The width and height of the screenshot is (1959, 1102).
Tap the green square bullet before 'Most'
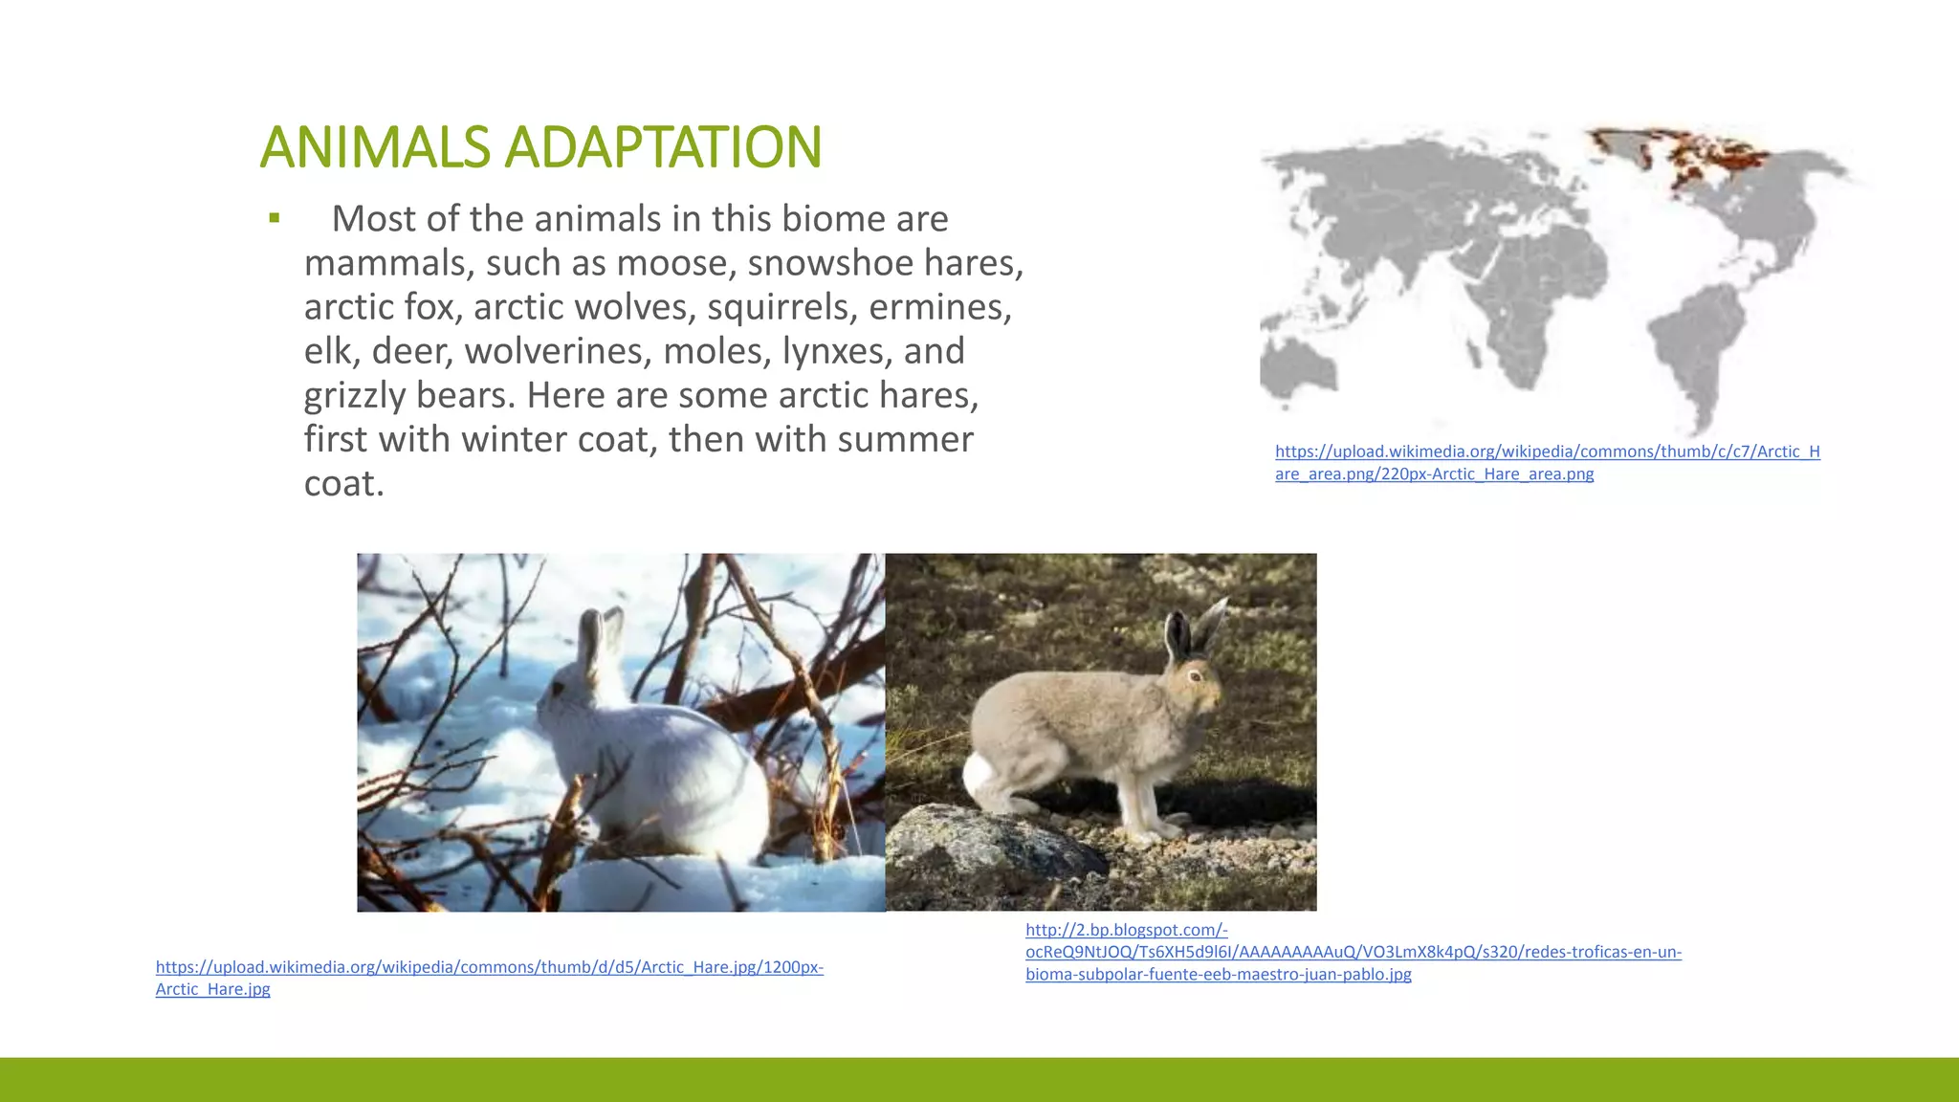(x=275, y=218)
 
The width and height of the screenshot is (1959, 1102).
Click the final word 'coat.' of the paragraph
(x=343, y=483)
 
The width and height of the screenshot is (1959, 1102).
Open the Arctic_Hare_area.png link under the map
(x=1546, y=462)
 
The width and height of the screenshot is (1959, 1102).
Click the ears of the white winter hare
(x=600, y=636)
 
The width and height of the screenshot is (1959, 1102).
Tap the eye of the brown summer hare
(x=1195, y=675)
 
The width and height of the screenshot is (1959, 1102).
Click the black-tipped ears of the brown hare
(x=1194, y=627)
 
